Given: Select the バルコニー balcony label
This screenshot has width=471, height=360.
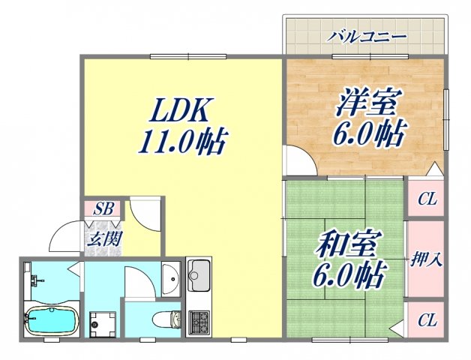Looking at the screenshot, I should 367,37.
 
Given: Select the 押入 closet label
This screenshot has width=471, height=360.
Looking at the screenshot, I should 426,260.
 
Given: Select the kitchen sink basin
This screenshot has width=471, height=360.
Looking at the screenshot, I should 199,277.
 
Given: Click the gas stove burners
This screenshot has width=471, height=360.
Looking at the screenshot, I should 199,322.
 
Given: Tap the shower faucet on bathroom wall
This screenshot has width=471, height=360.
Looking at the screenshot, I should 34,281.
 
